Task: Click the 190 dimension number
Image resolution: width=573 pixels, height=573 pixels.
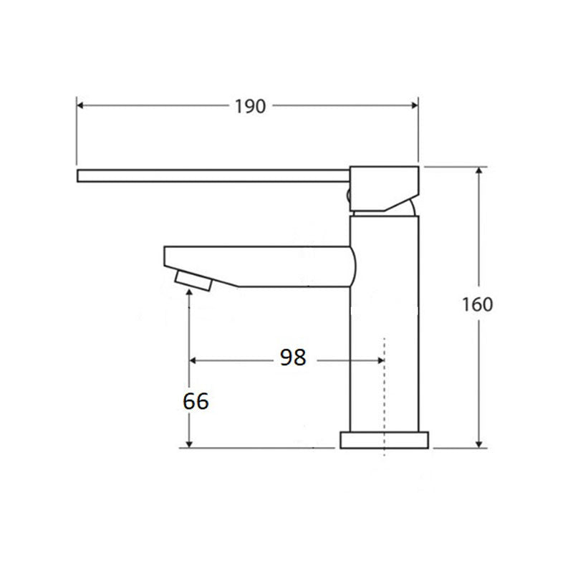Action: [250, 106]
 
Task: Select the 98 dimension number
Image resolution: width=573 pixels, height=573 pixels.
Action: [292, 357]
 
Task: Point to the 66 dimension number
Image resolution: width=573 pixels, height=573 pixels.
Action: [196, 401]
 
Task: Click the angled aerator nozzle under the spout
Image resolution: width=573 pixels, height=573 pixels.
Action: [193, 280]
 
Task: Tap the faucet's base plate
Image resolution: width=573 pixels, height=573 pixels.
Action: [385, 440]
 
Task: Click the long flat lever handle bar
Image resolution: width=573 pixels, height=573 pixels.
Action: [215, 175]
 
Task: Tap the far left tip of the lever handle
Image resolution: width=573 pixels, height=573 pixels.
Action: [79, 175]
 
